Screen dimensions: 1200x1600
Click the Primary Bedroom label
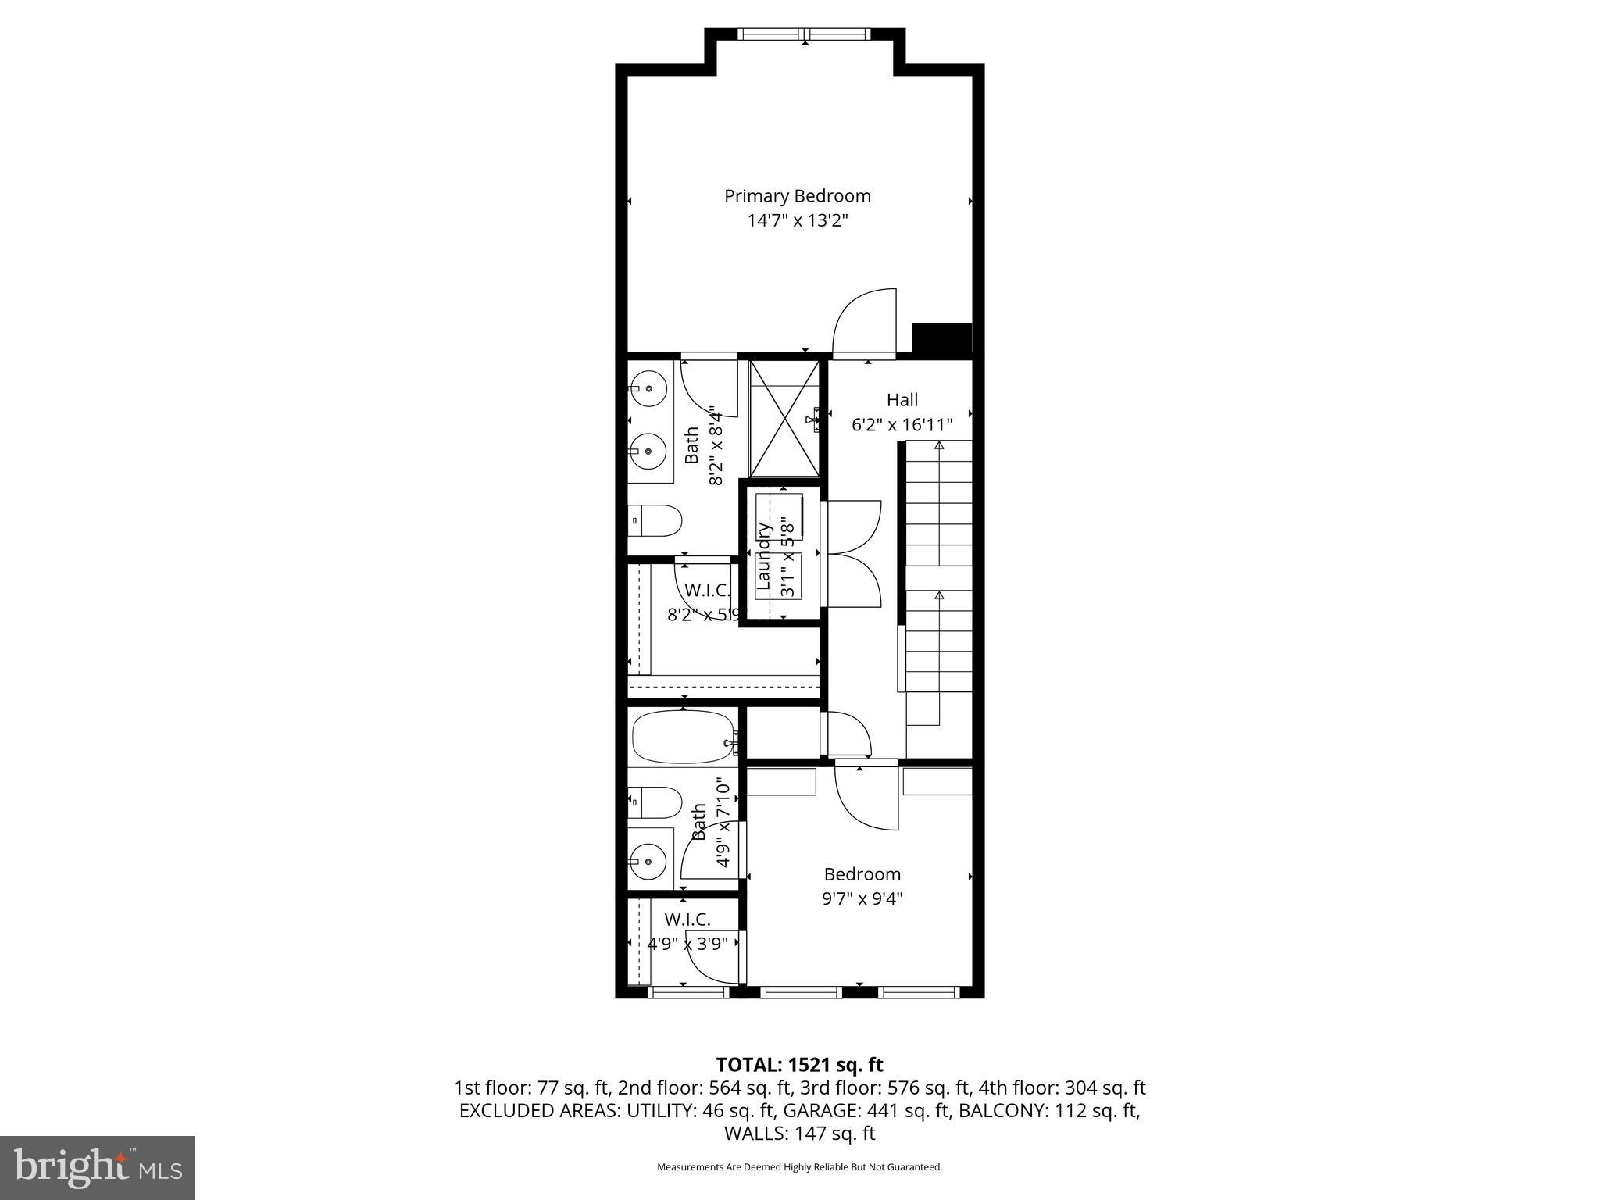point(797,196)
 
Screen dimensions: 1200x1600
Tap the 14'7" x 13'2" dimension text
point(797,221)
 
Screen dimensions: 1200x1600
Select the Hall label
point(902,400)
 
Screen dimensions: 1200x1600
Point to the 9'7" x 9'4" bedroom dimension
point(862,898)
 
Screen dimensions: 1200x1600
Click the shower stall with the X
point(784,418)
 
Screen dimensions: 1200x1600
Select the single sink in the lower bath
point(648,860)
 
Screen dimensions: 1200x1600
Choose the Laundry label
point(763,555)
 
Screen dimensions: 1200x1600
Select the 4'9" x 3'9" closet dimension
point(687,944)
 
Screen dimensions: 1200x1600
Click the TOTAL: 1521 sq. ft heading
point(799,1065)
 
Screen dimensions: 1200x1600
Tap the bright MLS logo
point(98,1167)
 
